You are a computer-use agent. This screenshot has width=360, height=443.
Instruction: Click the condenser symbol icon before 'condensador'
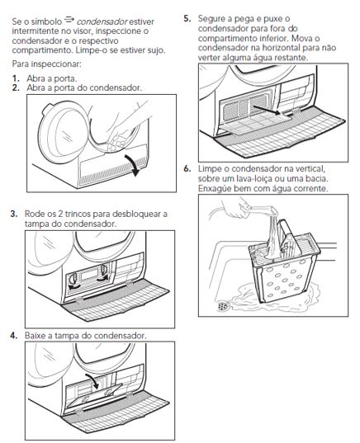pos(69,20)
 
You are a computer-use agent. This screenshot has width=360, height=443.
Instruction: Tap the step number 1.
pos(16,78)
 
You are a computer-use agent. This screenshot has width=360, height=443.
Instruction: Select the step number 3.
pos(14,214)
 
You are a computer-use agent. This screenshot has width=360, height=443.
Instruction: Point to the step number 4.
pos(14,336)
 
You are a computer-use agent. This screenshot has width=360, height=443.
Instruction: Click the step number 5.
pos(187,19)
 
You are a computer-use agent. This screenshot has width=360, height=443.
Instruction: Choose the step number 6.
pos(187,168)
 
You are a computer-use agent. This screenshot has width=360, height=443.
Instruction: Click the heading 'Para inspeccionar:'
pos(47,64)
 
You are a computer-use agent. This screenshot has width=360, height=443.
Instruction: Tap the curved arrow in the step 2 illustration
pos(134,165)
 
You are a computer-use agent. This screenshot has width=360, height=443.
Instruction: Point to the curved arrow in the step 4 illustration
pos(92,381)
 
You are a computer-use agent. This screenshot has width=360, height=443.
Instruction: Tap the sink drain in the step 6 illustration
pos(224,306)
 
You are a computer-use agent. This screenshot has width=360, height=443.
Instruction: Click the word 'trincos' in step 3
pos(78,214)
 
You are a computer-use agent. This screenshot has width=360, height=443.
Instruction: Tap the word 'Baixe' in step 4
pos(36,336)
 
